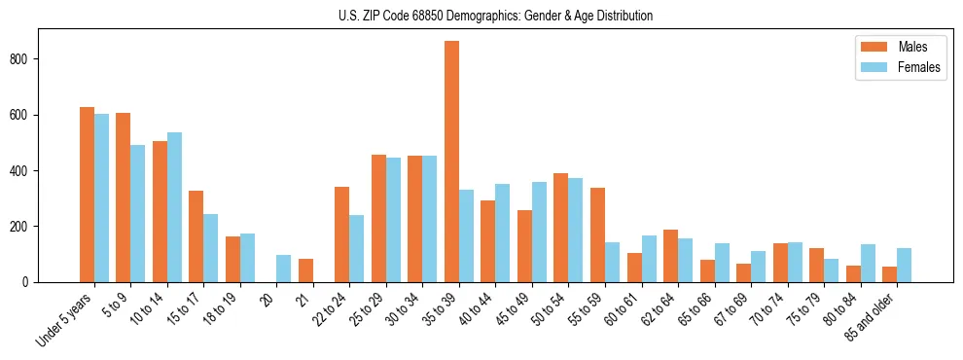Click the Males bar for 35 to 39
coord(451,162)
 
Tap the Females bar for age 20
coord(284,269)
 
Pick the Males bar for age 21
coord(305,270)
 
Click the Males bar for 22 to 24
coord(342,234)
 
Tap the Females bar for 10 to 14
coord(174,207)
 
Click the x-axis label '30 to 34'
coord(404,309)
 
